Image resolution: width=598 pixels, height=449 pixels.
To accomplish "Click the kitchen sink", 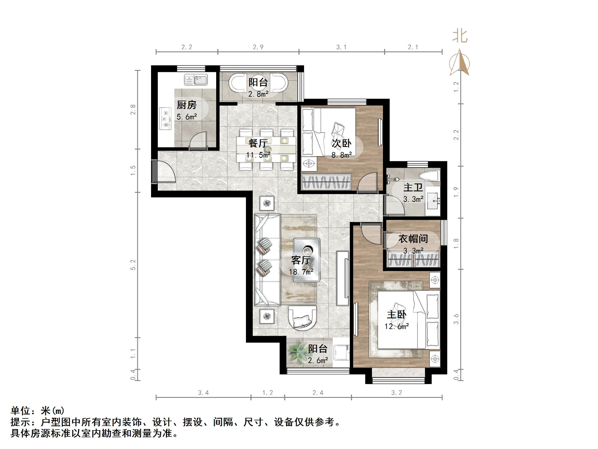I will (196, 80).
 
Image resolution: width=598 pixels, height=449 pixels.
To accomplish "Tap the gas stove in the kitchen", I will (165, 119).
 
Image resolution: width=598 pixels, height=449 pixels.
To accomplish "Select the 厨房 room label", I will (186, 105).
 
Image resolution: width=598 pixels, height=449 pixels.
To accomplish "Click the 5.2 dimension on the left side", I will (133, 265).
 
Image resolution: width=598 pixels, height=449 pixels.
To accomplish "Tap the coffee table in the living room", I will (307, 260).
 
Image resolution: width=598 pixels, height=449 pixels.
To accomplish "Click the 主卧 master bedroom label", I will (396, 314).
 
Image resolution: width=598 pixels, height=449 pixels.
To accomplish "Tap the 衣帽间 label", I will (413, 239).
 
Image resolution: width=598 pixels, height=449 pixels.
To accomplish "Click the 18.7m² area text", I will (301, 272).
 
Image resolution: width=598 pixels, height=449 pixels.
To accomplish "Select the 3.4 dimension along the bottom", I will (203, 393).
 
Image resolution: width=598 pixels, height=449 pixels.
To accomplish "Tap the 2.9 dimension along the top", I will (258, 47).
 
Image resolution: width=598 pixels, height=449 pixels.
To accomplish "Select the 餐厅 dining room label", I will (258, 143).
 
